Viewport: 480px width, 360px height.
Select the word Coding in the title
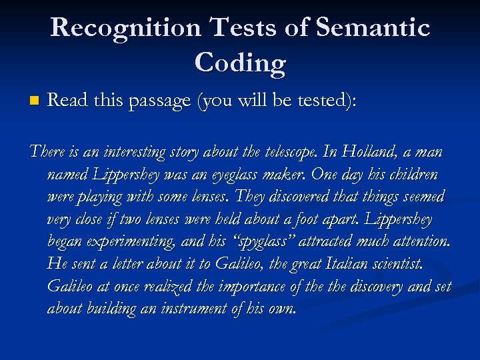tap(240, 63)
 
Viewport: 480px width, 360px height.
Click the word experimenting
tap(128, 242)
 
